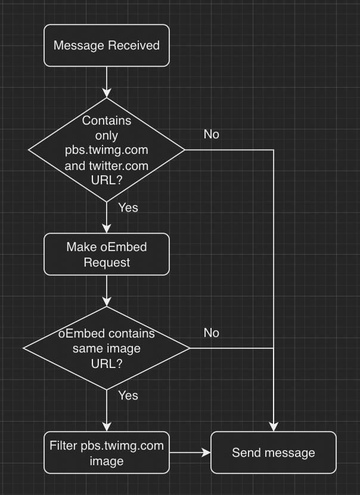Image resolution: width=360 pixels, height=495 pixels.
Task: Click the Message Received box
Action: (107, 45)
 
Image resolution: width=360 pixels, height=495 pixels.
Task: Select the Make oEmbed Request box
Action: (107, 254)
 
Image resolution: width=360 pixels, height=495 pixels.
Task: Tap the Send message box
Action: (274, 453)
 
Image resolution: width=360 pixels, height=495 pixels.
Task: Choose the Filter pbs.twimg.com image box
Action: (107, 453)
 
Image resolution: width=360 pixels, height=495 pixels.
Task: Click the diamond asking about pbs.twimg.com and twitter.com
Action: (107, 150)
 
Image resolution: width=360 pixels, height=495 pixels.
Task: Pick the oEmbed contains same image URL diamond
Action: (107, 348)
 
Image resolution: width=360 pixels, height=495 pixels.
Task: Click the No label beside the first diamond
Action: (211, 134)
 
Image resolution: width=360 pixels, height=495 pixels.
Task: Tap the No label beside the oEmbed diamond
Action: (211, 333)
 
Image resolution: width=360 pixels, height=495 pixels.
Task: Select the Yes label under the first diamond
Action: (128, 208)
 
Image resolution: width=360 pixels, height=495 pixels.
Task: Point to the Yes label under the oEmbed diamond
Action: (128, 395)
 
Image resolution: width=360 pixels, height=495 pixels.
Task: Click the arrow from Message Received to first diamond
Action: (107, 81)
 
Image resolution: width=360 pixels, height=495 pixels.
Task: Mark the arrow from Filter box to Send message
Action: (190, 453)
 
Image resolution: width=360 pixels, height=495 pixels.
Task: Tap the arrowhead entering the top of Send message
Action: (274, 427)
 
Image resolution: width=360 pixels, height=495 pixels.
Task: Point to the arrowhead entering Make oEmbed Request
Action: (107, 228)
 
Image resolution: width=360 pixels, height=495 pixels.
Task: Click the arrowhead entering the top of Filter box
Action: (107, 427)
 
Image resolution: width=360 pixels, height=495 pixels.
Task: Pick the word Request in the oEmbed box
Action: (107, 262)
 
